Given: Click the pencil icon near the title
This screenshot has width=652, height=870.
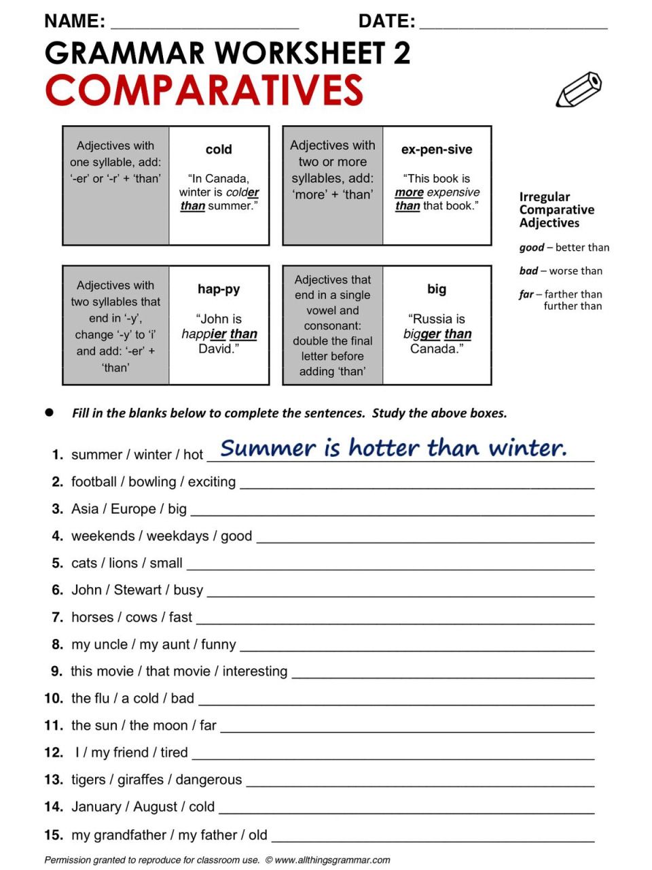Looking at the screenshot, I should (579, 90).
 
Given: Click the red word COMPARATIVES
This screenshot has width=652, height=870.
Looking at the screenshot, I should (204, 90).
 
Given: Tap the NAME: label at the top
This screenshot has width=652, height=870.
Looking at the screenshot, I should (75, 22).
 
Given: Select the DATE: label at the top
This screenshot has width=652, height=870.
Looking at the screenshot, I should (386, 22).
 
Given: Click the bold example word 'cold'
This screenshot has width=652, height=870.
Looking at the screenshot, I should (219, 150).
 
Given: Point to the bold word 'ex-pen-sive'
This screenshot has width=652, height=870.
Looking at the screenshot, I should (437, 150).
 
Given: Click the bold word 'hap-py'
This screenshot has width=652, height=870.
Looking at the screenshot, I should (219, 289).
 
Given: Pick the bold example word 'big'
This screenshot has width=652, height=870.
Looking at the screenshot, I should (437, 289).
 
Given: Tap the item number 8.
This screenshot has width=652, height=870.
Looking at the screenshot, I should (58, 644).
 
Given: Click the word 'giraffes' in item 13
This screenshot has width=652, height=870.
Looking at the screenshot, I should (141, 780).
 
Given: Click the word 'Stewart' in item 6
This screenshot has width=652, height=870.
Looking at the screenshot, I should (138, 590).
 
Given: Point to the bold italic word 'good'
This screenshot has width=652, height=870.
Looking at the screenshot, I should (532, 247).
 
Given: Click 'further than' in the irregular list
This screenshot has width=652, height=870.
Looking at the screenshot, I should (573, 307).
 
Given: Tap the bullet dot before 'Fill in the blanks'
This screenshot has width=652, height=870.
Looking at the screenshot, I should (49, 413).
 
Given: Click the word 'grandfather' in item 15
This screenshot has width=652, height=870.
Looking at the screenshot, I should (129, 835).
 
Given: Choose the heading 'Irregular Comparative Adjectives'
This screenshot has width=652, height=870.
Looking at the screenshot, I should (556, 209).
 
